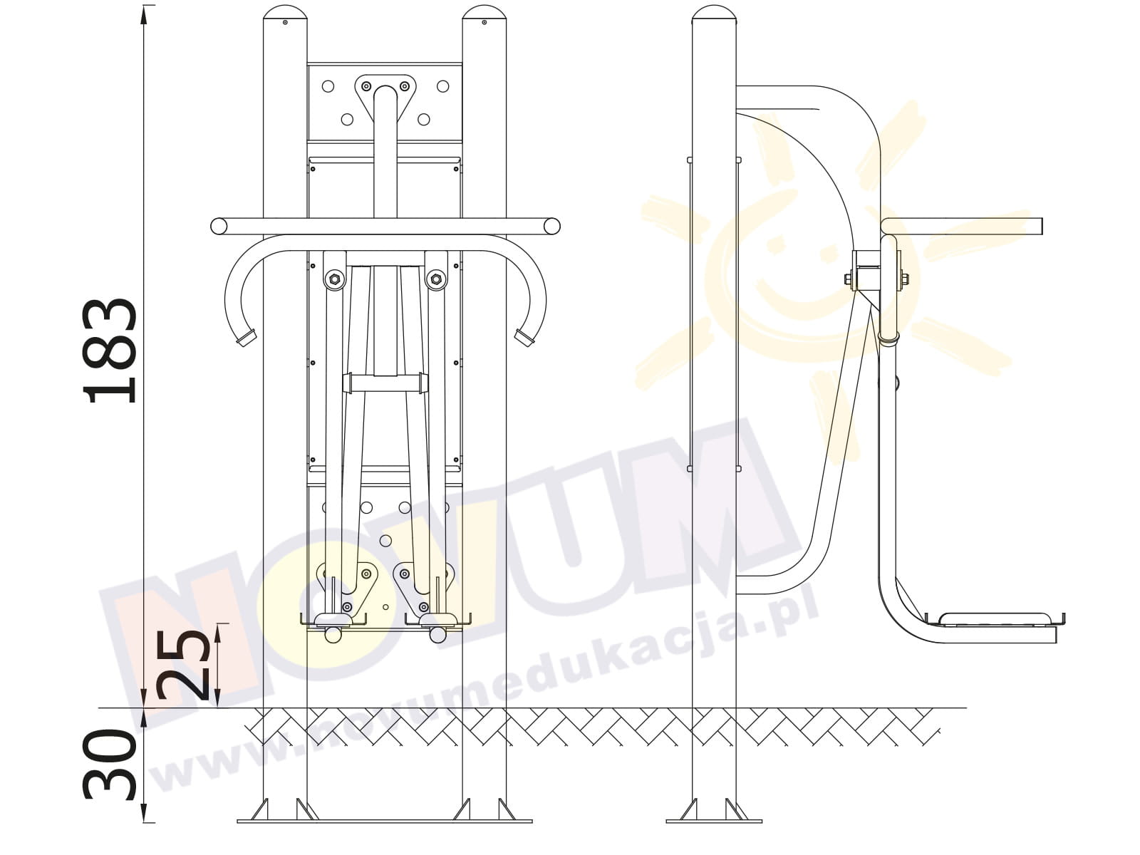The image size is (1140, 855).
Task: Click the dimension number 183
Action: coord(110,351)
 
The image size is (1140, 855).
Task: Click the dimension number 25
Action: coord(183,665)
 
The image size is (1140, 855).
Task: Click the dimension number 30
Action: coord(110,763)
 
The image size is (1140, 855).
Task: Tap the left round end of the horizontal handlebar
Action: coord(219,227)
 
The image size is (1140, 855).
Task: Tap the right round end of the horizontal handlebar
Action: coord(552,227)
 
